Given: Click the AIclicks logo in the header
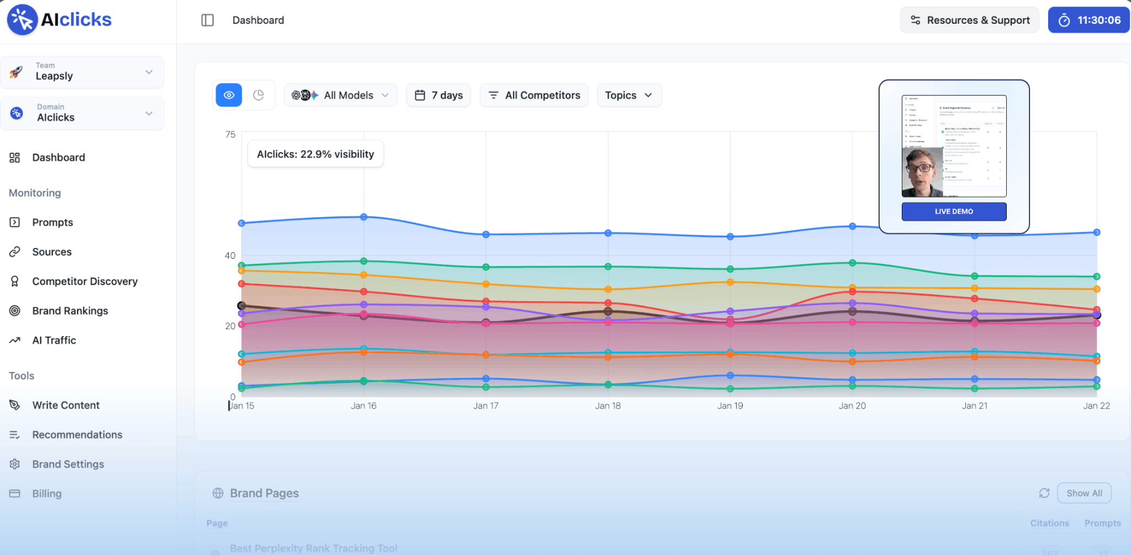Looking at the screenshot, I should click(59, 20).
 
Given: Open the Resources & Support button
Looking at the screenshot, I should click(969, 20).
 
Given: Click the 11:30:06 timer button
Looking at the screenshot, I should click(1088, 20).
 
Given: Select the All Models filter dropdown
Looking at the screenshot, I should click(340, 95).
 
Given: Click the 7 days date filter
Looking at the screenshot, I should click(438, 95).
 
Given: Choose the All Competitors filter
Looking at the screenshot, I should click(534, 95).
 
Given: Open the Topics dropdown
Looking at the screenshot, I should click(628, 95).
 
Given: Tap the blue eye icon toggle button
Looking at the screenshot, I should click(229, 95).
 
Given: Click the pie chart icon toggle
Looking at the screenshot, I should click(258, 95).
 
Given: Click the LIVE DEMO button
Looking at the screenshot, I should click(954, 211).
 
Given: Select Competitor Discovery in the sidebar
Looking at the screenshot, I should click(84, 281).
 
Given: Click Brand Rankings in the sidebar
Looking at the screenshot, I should click(70, 311).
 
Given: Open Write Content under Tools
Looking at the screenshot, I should click(66, 405).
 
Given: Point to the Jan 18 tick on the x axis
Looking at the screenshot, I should click(607, 406).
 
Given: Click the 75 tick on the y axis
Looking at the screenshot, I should click(230, 134).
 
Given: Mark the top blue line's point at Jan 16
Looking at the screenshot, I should click(364, 217).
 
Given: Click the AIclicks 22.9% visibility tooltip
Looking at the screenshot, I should click(315, 154).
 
